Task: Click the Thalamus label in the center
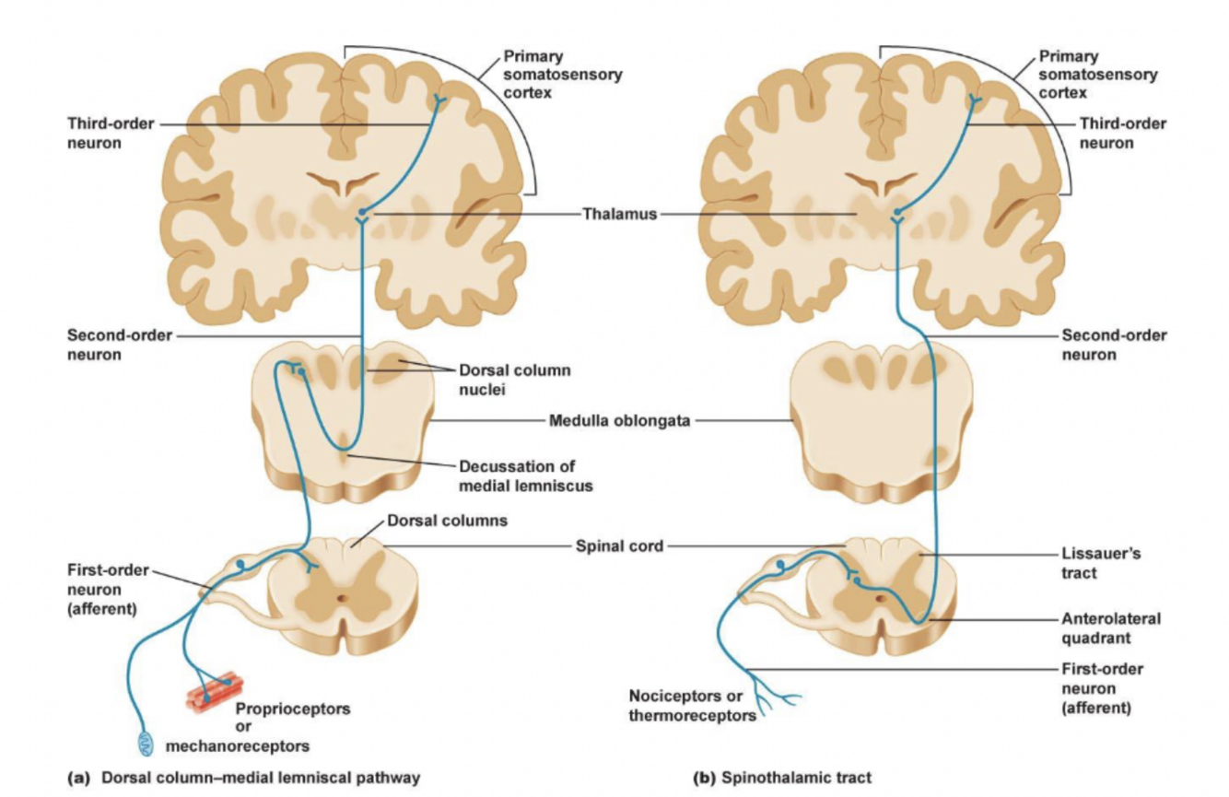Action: click(x=619, y=214)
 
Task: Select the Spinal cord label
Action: click(x=619, y=545)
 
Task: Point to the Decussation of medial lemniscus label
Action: click(x=523, y=475)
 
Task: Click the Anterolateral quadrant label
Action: click(x=1110, y=627)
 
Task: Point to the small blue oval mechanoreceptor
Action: click(x=147, y=741)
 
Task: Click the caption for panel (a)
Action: click(x=244, y=777)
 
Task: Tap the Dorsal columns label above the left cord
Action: click(x=446, y=521)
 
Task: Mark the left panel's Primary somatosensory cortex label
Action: click(x=562, y=74)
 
